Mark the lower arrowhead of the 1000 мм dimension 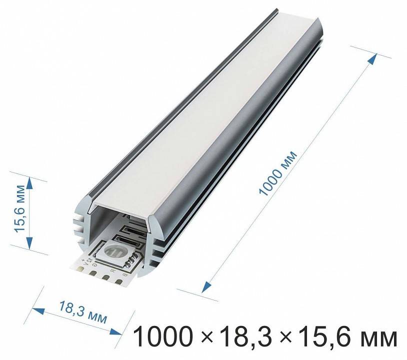[205, 287]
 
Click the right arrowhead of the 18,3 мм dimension [116, 331]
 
